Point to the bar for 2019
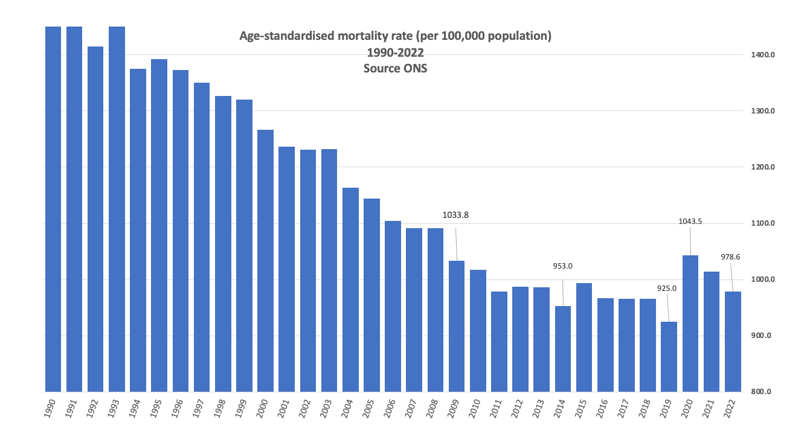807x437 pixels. pos(669,357)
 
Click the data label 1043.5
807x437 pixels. pos(690,222)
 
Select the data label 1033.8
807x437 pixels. pos(455,214)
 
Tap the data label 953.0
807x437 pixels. pos(563,266)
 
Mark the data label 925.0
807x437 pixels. pos(666,289)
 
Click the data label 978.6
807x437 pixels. pos(730,257)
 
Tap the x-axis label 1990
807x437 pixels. pos(51,410)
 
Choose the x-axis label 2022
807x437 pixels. pos(731,410)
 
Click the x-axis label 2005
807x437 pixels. pos(370,410)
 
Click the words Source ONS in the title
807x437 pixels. pos(395,68)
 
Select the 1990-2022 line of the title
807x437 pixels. pos(395,53)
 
